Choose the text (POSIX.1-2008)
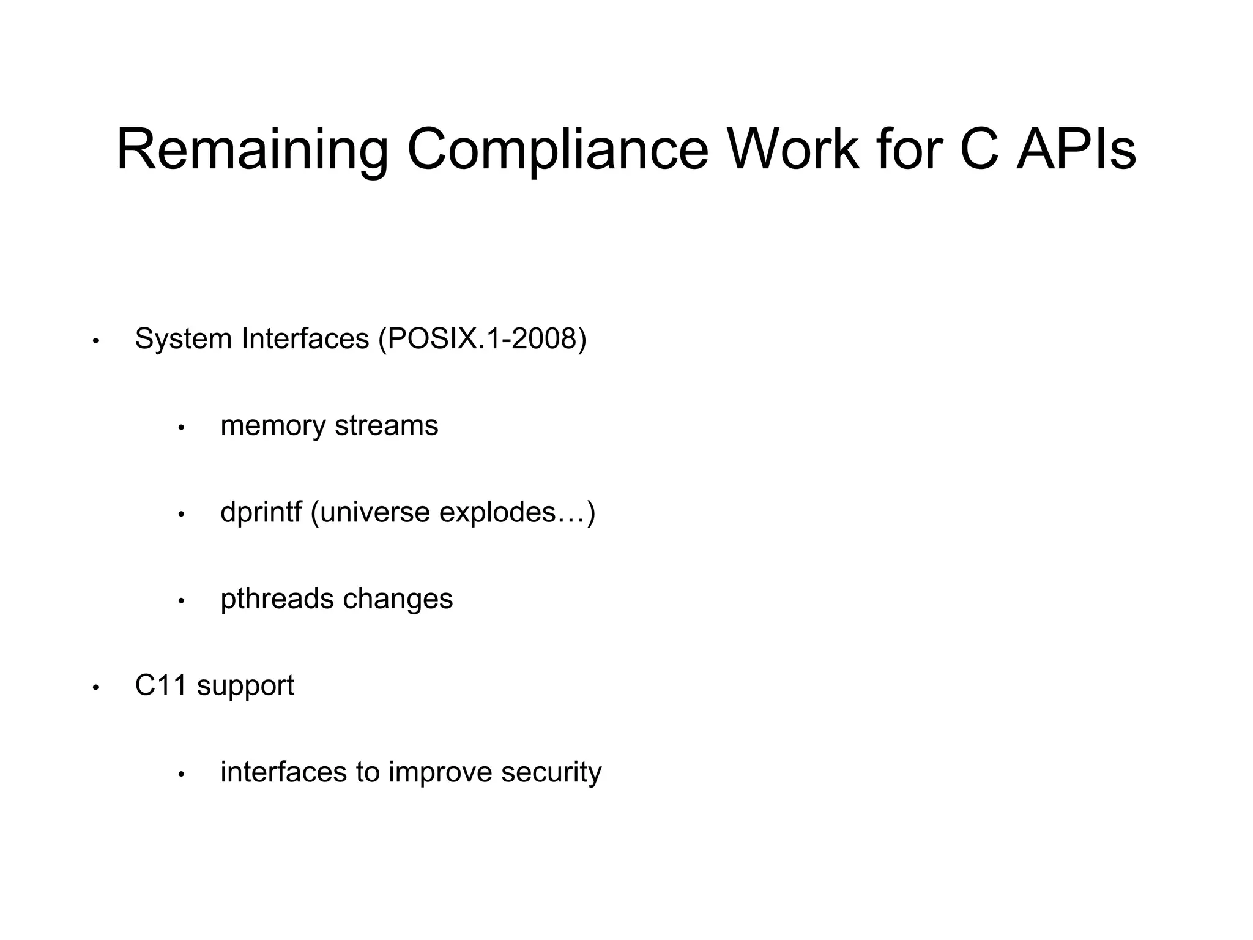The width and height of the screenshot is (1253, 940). (x=482, y=339)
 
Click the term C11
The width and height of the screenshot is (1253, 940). (x=161, y=685)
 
